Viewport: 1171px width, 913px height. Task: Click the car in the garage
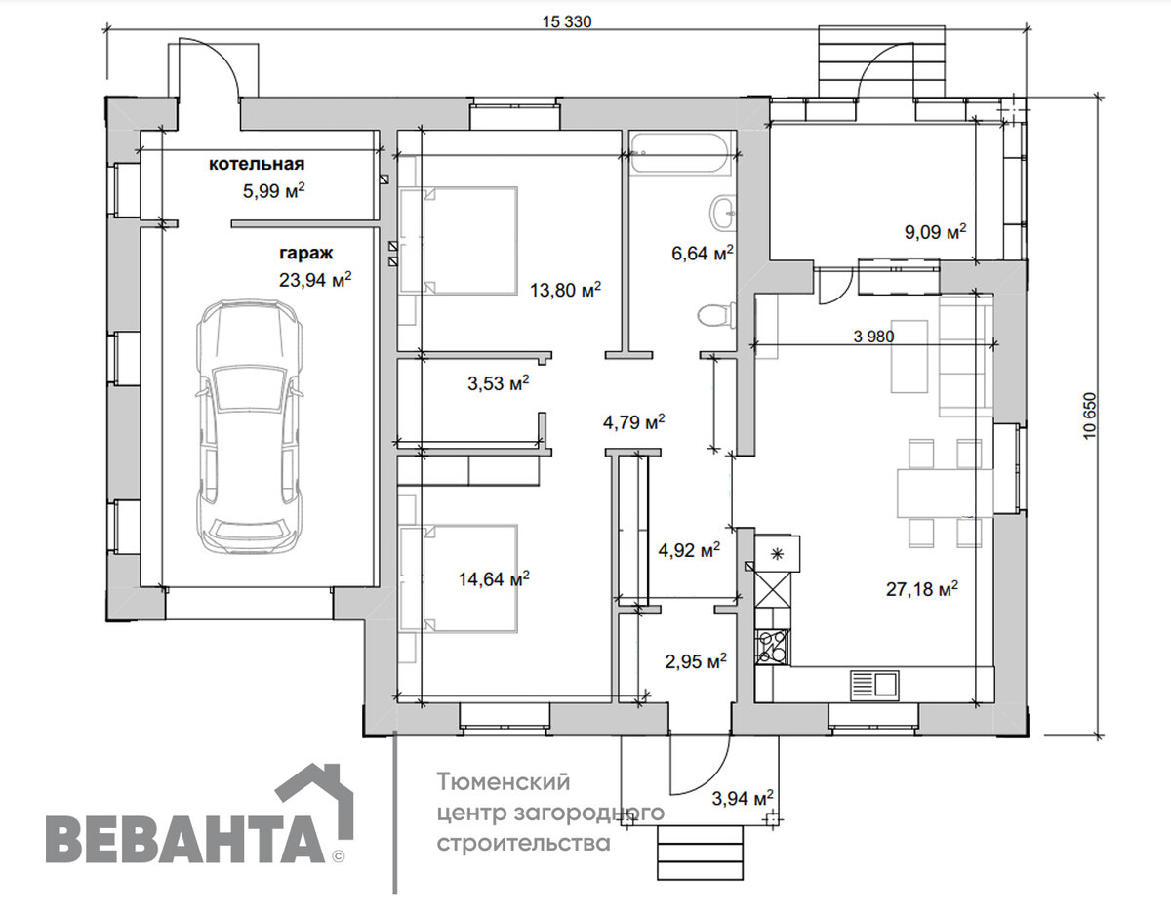tap(249, 426)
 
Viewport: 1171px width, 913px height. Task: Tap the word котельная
tap(257, 164)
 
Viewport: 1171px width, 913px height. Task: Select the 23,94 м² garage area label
tap(315, 280)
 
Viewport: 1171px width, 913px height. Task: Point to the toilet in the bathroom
tap(716, 314)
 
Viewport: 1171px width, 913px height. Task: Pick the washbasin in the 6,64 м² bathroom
tap(723, 213)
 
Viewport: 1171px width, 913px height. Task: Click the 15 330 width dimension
tap(567, 21)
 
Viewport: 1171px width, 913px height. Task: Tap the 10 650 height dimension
tap(1089, 416)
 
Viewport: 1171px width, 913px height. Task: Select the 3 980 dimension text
tap(873, 337)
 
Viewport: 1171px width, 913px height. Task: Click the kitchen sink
tap(874, 685)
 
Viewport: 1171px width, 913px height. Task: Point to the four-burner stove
tap(772, 646)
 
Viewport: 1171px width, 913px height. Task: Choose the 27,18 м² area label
tap(922, 589)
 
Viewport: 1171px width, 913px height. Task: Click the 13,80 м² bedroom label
tap(565, 290)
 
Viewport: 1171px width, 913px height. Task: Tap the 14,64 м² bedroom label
tap(494, 579)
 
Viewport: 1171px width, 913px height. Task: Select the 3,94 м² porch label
tap(743, 798)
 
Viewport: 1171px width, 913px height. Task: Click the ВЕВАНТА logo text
tap(186, 840)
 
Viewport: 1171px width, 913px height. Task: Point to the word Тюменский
tap(503, 781)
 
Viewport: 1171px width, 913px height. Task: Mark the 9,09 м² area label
tap(935, 232)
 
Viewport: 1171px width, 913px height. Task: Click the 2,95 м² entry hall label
tap(696, 661)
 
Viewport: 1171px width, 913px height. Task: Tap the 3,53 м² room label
tap(498, 383)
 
